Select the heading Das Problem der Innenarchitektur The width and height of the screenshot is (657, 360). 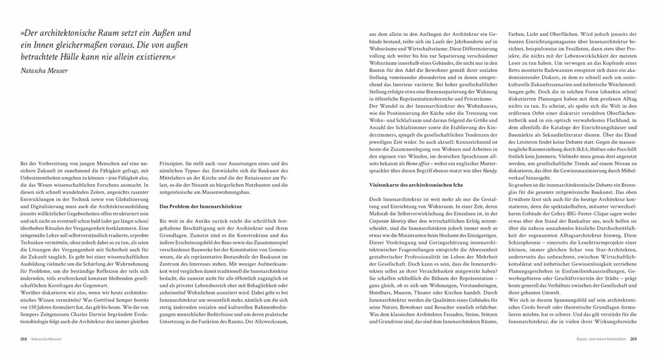point(200,207)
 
